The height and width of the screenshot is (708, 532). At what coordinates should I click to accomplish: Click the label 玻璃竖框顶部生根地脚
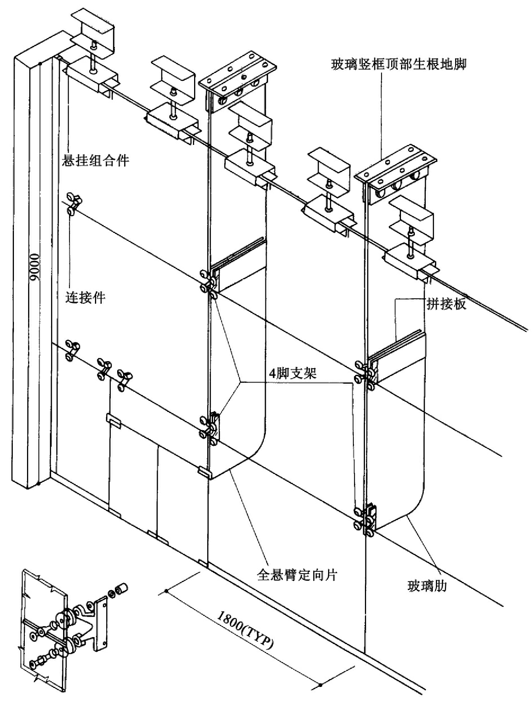(399, 64)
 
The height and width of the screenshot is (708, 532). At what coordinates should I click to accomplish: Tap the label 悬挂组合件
(96, 160)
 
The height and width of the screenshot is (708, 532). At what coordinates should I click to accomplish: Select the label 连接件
(86, 297)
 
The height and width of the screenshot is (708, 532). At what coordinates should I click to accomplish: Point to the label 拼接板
(446, 304)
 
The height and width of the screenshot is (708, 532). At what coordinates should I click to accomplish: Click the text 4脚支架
(293, 373)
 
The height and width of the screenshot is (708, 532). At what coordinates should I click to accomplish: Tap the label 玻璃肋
(427, 586)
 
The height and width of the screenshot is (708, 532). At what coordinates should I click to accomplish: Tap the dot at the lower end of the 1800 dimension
(320, 685)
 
